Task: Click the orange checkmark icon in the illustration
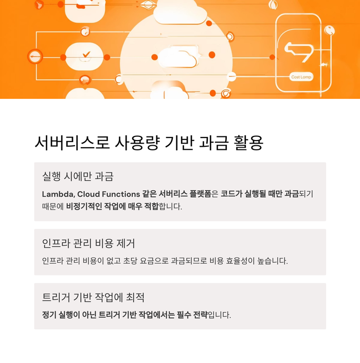[86, 54]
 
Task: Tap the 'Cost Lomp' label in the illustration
[301, 77]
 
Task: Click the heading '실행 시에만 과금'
[78, 176]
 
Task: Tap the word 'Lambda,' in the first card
[58, 194]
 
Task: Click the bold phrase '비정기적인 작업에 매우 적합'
[112, 206]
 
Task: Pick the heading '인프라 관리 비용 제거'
[88, 243]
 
